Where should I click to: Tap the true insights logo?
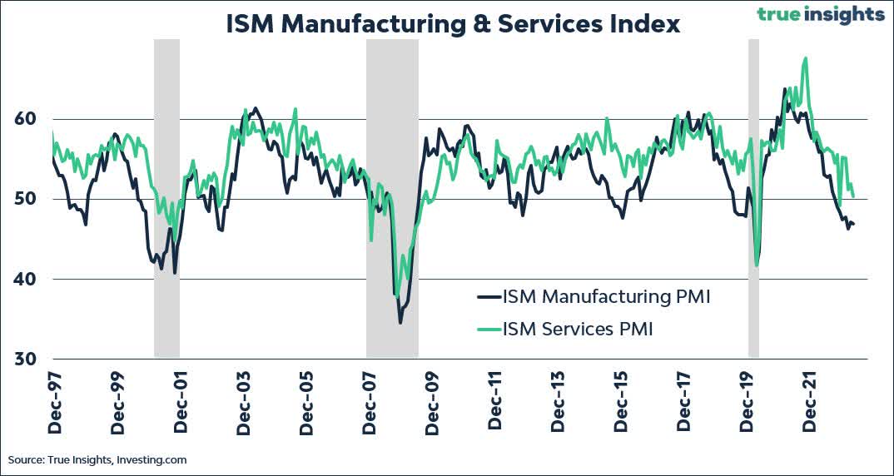820,14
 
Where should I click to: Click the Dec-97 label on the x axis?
55,403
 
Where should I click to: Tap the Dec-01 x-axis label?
181,403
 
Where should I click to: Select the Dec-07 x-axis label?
369,403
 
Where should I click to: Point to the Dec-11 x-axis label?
494,403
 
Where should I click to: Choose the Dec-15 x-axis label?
620,403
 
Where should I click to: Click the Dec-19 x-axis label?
746,403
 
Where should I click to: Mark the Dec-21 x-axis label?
808,403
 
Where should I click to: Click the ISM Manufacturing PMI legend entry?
593,297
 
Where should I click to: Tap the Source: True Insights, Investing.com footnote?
97,459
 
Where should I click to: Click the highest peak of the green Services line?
805,58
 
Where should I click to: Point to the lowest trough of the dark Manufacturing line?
400,322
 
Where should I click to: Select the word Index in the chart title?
643,24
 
